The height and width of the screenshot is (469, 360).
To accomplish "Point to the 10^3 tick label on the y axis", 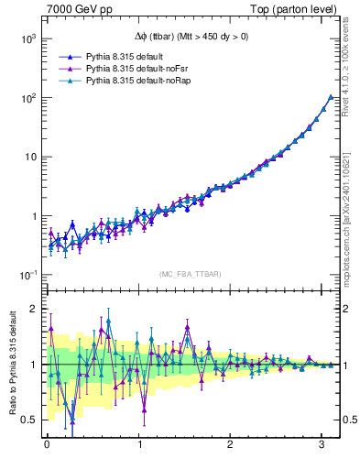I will point(27,38).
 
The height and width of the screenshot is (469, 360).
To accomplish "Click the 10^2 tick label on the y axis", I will point(27,97).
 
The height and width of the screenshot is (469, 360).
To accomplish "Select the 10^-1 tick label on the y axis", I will point(27,276).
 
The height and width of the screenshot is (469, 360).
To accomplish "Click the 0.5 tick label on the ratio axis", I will point(27,420).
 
